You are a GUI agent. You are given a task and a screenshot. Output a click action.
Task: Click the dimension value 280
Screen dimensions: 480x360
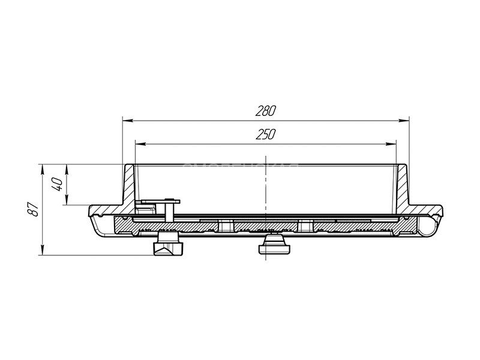click(266, 111)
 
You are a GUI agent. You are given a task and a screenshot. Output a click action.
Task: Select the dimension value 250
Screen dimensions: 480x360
click(266, 134)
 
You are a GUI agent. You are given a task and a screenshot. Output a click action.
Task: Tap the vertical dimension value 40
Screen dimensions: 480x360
click(58, 184)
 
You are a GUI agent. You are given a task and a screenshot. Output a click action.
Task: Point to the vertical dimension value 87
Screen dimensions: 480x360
click(34, 209)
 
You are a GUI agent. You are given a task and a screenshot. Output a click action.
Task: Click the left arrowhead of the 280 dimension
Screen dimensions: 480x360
click(128, 121)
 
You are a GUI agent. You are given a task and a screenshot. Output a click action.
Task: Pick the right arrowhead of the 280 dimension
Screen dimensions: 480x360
click(404, 121)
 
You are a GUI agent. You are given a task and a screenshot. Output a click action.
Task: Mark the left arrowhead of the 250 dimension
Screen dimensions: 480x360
click(140, 144)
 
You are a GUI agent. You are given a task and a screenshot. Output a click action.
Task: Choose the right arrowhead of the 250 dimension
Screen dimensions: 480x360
click(391, 144)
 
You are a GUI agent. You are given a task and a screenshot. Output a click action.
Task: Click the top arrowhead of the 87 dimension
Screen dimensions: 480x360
click(43, 170)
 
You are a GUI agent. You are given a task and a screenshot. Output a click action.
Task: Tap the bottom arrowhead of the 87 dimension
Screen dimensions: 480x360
click(43, 250)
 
